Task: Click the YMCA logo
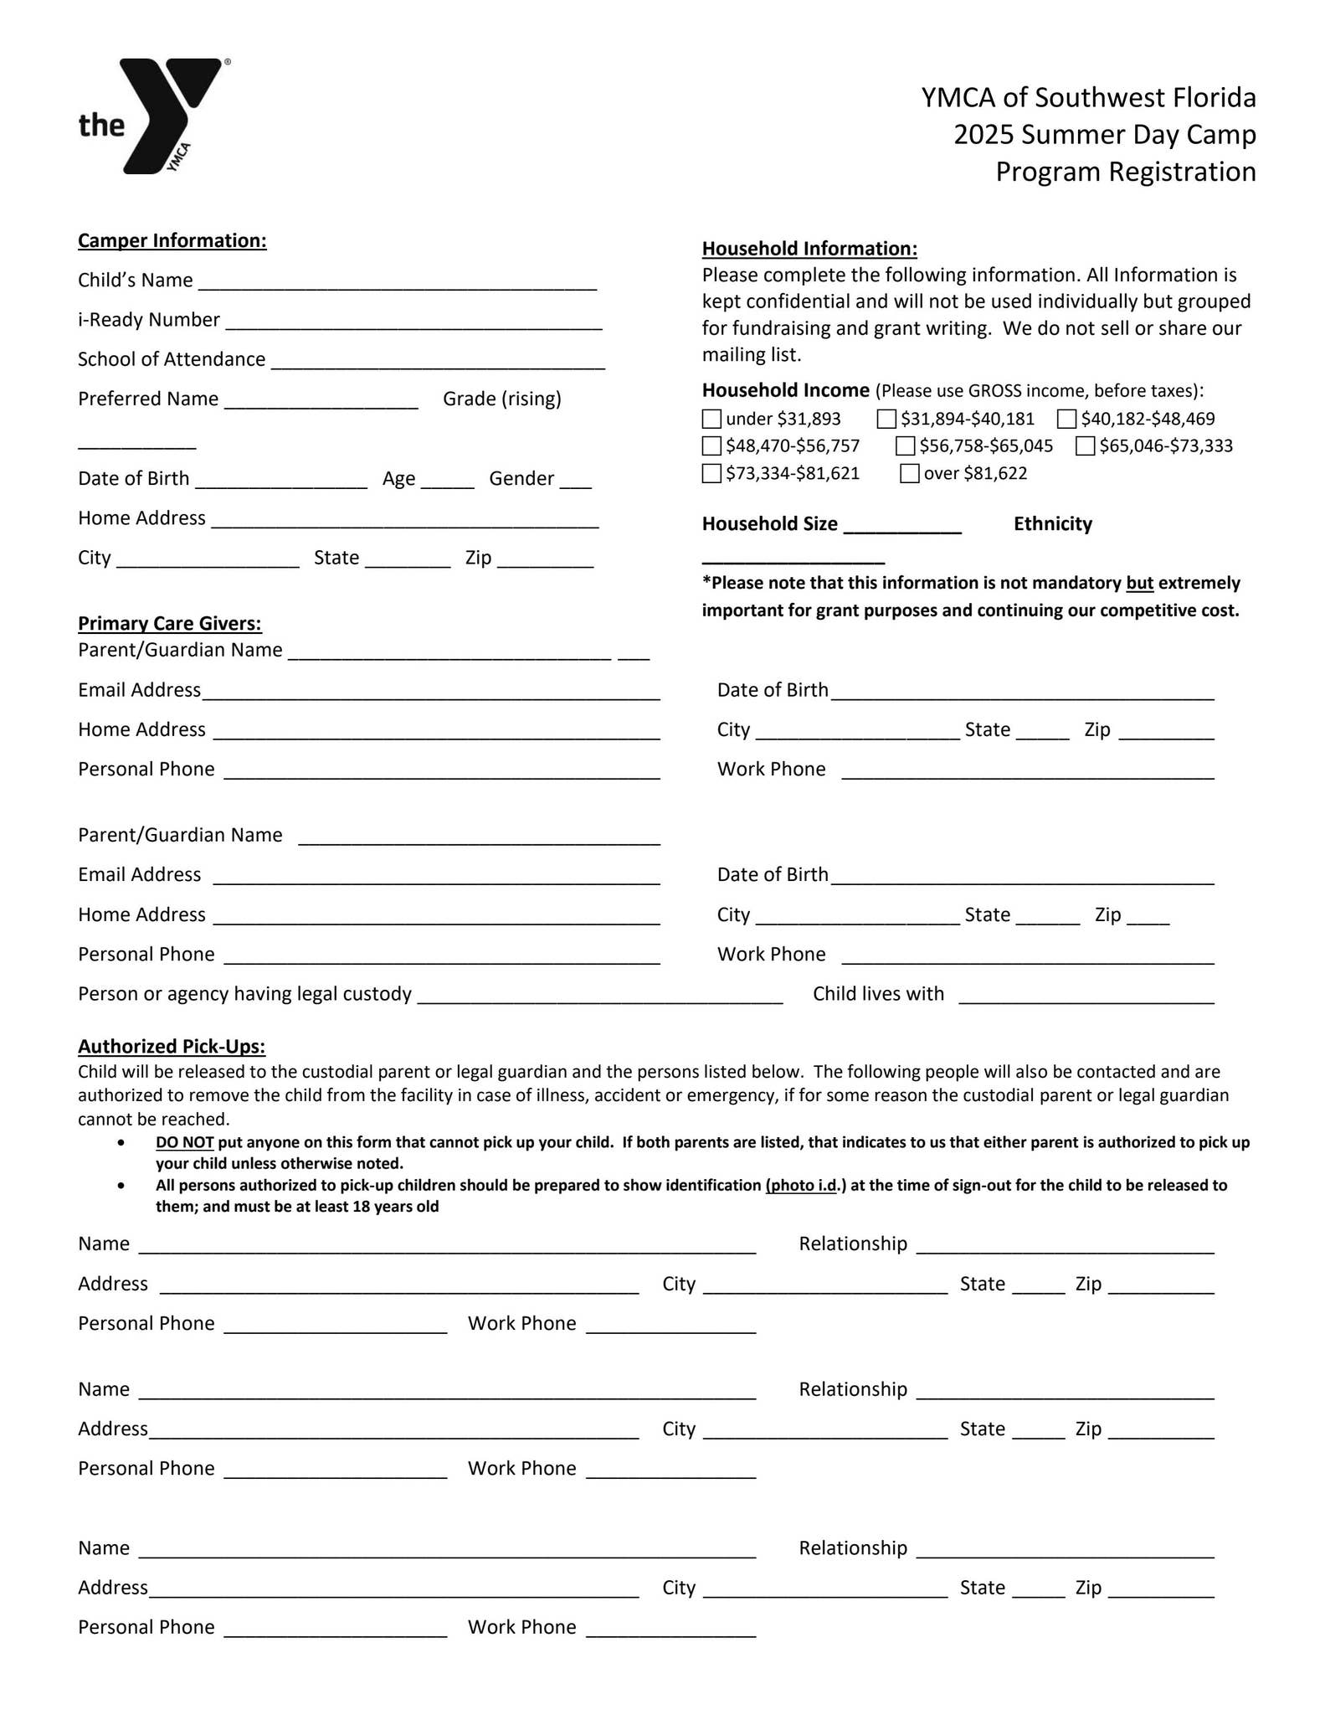[156, 116]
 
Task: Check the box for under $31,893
[711, 419]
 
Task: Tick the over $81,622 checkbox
[909, 474]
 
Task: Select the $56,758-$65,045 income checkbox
[905, 446]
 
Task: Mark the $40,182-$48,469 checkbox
[1066, 419]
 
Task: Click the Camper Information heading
[172, 241]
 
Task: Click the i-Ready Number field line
[413, 322]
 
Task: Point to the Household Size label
[769, 524]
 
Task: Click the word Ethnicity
[1052, 524]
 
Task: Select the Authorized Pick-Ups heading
[172, 1047]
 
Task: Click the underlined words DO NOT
[184, 1143]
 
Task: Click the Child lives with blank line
[1086, 997]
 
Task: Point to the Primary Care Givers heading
[170, 624]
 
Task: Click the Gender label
[521, 479]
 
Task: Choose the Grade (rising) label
[502, 399]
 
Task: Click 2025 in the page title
[983, 135]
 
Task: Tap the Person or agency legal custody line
[599, 997]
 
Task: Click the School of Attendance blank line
[438, 362]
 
